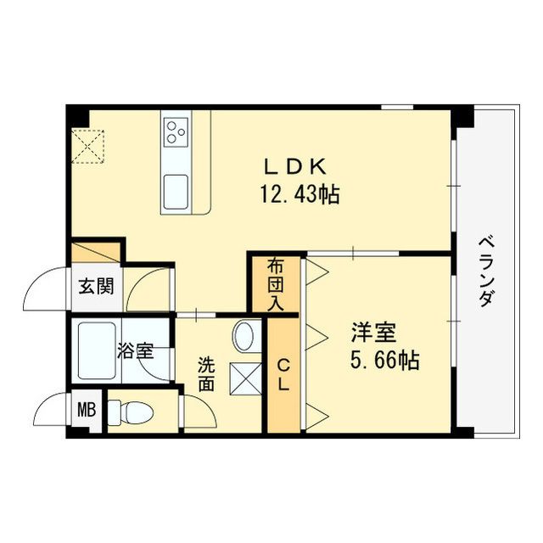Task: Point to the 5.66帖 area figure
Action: click(384, 359)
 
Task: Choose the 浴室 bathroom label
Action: click(136, 350)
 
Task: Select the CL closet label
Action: click(283, 374)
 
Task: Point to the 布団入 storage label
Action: click(275, 284)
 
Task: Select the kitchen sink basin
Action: click(178, 186)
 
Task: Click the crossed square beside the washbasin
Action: click(246, 377)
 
